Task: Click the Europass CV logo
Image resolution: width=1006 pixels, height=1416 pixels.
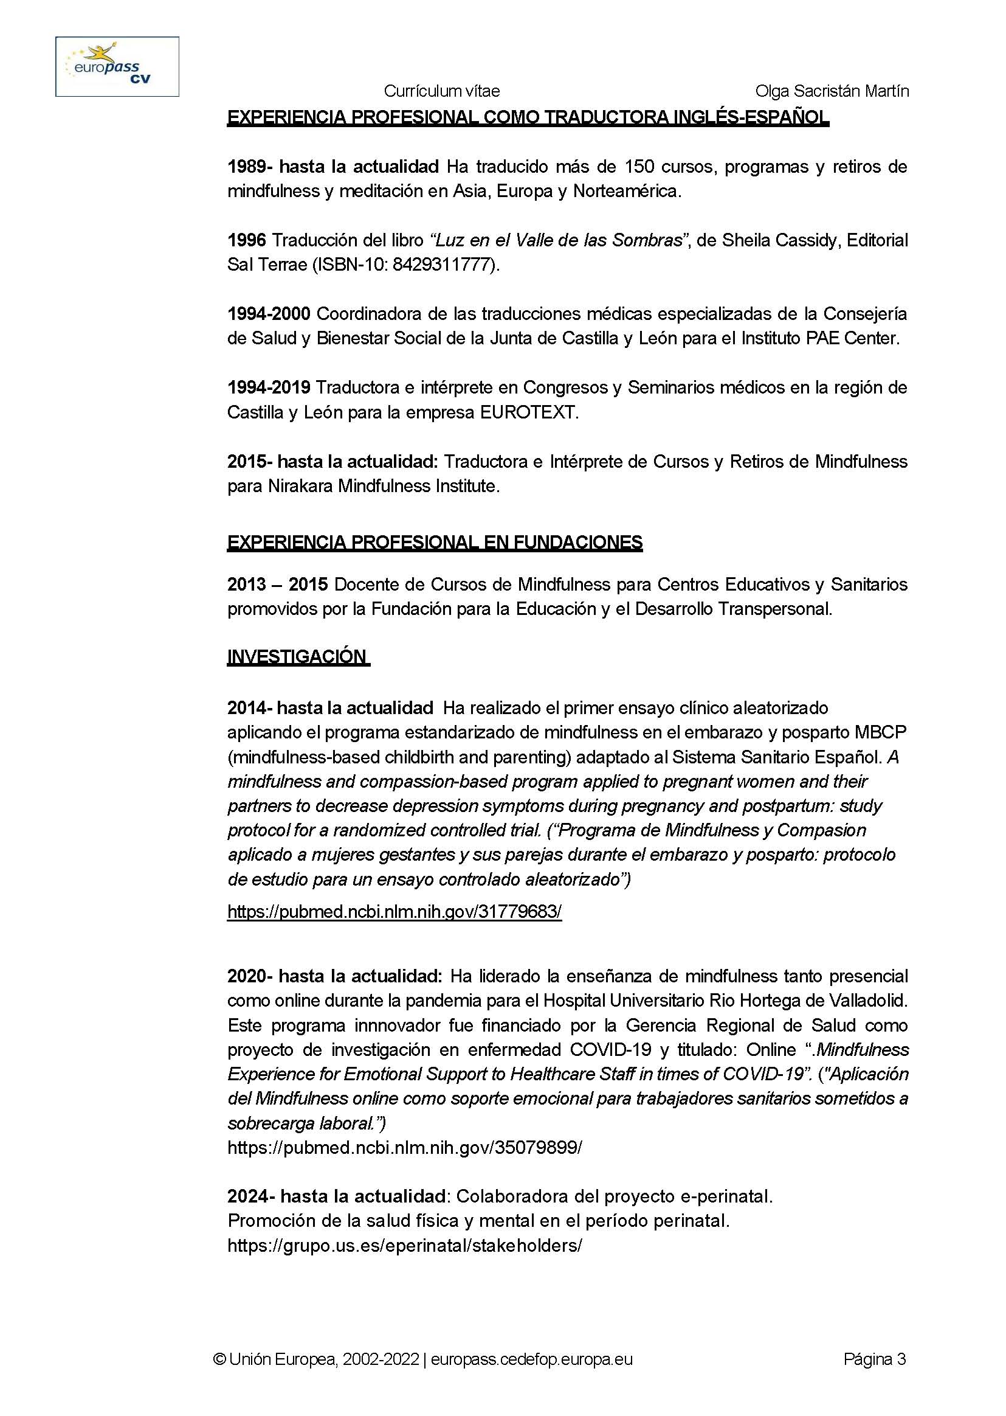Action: click(117, 66)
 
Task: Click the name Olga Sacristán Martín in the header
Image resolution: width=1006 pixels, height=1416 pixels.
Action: click(832, 91)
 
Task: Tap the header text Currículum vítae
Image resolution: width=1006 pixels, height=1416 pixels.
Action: click(442, 91)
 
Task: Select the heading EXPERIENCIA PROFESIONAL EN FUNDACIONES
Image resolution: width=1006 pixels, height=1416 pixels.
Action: click(434, 542)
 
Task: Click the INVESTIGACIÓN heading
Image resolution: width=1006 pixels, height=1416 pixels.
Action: click(297, 656)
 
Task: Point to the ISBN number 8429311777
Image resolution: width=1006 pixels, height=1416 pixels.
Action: click(444, 265)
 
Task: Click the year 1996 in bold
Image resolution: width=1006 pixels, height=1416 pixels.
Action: click(247, 240)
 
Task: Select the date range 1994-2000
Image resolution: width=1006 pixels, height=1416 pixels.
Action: click(269, 314)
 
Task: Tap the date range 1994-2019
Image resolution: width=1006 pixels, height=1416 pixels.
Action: click(269, 387)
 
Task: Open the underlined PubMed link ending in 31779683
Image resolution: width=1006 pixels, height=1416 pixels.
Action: click(394, 912)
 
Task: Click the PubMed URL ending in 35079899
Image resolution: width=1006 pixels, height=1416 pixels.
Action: click(404, 1147)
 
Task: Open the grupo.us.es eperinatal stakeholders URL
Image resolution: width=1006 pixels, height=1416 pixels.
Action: click(404, 1246)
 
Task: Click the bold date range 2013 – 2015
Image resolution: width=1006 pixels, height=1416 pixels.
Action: click(277, 585)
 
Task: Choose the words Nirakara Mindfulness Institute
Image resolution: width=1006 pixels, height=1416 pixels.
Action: click(383, 486)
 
